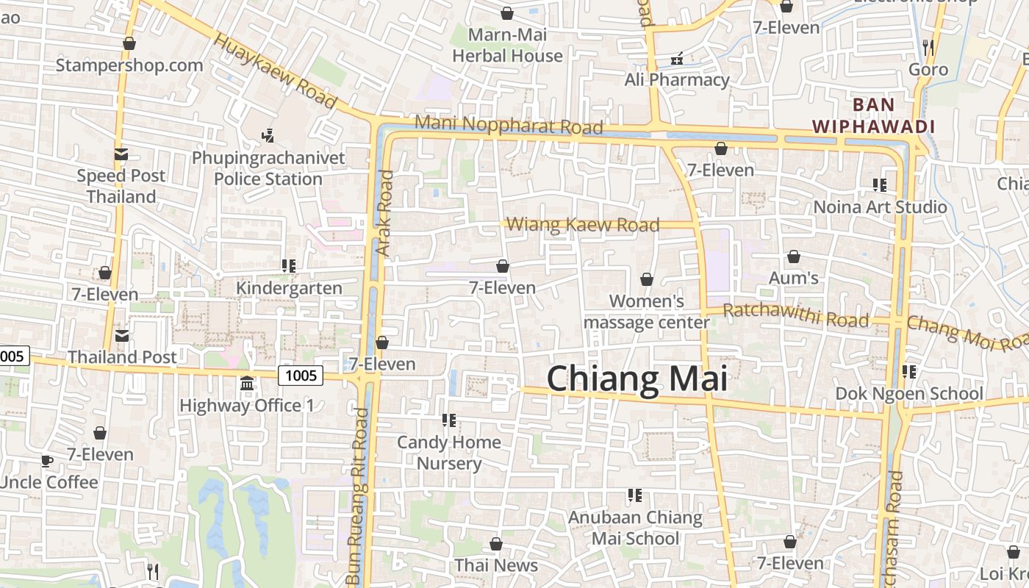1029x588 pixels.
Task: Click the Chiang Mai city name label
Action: (637, 379)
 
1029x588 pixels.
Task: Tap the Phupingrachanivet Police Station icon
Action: (268, 135)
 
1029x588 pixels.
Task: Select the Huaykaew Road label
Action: (275, 72)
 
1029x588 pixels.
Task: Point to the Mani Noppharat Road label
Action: (509, 125)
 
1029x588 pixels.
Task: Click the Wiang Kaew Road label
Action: (583, 224)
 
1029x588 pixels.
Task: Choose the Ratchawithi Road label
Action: (796, 316)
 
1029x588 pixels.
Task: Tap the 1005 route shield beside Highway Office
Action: (301, 376)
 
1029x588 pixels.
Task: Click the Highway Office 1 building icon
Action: (247, 384)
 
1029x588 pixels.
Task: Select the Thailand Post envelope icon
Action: (122, 336)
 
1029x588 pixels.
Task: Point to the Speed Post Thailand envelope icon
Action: (121, 154)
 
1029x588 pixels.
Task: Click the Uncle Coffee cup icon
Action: (47, 462)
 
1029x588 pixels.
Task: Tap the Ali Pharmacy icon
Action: (677, 58)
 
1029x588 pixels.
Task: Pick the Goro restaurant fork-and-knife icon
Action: (928, 48)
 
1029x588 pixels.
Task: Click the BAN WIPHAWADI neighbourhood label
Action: (874, 115)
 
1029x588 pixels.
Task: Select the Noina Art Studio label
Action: (880, 207)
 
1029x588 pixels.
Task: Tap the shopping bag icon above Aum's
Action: (794, 257)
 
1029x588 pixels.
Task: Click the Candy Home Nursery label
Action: (449, 453)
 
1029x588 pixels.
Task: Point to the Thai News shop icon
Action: (496, 544)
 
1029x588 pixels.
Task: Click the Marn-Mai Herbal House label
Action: (507, 45)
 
